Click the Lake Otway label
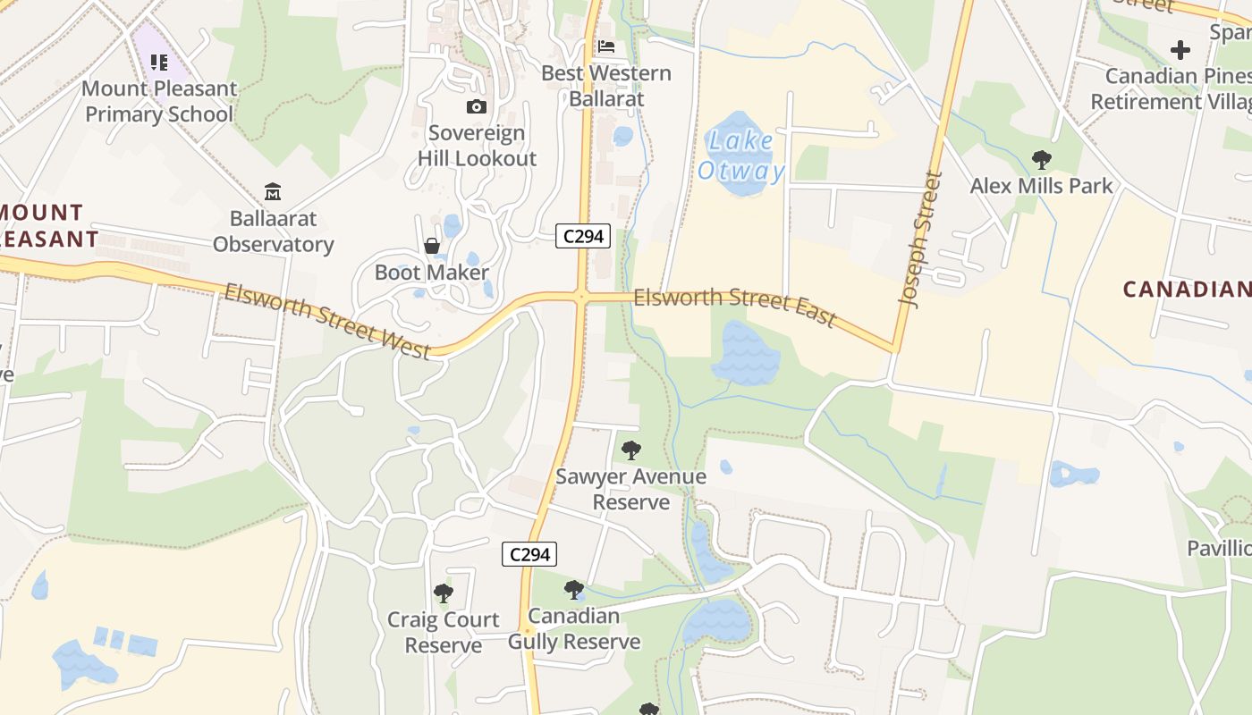click(x=741, y=156)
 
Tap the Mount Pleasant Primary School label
click(x=159, y=101)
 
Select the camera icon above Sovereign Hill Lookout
click(x=477, y=107)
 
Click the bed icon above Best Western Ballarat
click(x=606, y=46)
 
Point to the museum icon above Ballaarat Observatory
click(x=273, y=191)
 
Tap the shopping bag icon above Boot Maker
click(x=432, y=246)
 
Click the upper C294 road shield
click(x=583, y=236)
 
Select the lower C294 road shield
click(x=529, y=554)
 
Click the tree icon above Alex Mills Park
click(x=1041, y=160)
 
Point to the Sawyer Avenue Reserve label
click(x=631, y=489)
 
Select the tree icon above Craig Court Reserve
click(x=443, y=593)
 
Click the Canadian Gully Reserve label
click(x=574, y=628)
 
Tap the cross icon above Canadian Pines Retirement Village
click(x=1180, y=50)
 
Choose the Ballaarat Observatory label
click(x=273, y=231)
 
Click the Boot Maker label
click(x=432, y=273)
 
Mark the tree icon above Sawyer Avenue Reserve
click(x=631, y=450)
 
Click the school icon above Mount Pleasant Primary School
click(x=159, y=63)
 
